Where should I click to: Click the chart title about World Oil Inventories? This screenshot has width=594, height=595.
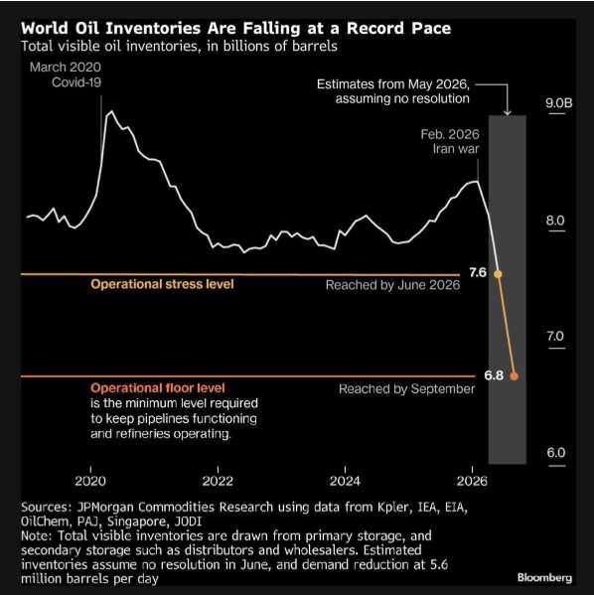[235, 28]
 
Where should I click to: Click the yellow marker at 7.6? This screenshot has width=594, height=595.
[498, 274]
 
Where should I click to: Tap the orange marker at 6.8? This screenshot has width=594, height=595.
[514, 376]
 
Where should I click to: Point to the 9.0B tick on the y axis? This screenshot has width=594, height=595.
[558, 103]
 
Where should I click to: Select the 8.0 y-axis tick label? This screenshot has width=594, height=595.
[555, 221]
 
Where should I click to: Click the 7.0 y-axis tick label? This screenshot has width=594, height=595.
[555, 336]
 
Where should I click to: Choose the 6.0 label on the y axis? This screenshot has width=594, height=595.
[555, 452]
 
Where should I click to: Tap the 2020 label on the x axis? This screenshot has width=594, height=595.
[90, 481]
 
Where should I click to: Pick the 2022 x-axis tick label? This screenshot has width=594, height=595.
[218, 481]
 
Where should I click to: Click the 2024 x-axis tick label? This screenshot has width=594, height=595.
[345, 481]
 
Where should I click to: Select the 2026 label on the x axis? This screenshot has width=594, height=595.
[472, 481]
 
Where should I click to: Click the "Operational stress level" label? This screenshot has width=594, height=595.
[162, 284]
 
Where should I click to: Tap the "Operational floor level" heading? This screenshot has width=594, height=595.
[158, 387]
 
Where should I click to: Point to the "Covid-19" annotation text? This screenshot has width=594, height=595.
[76, 82]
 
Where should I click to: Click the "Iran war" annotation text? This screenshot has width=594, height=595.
[456, 149]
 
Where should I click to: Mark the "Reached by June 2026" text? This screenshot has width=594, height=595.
[392, 285]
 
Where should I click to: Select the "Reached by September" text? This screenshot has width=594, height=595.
[406, 389]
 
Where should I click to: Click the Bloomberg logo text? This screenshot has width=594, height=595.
[544, 577]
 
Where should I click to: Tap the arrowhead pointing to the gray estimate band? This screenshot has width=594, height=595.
[507, 112]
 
